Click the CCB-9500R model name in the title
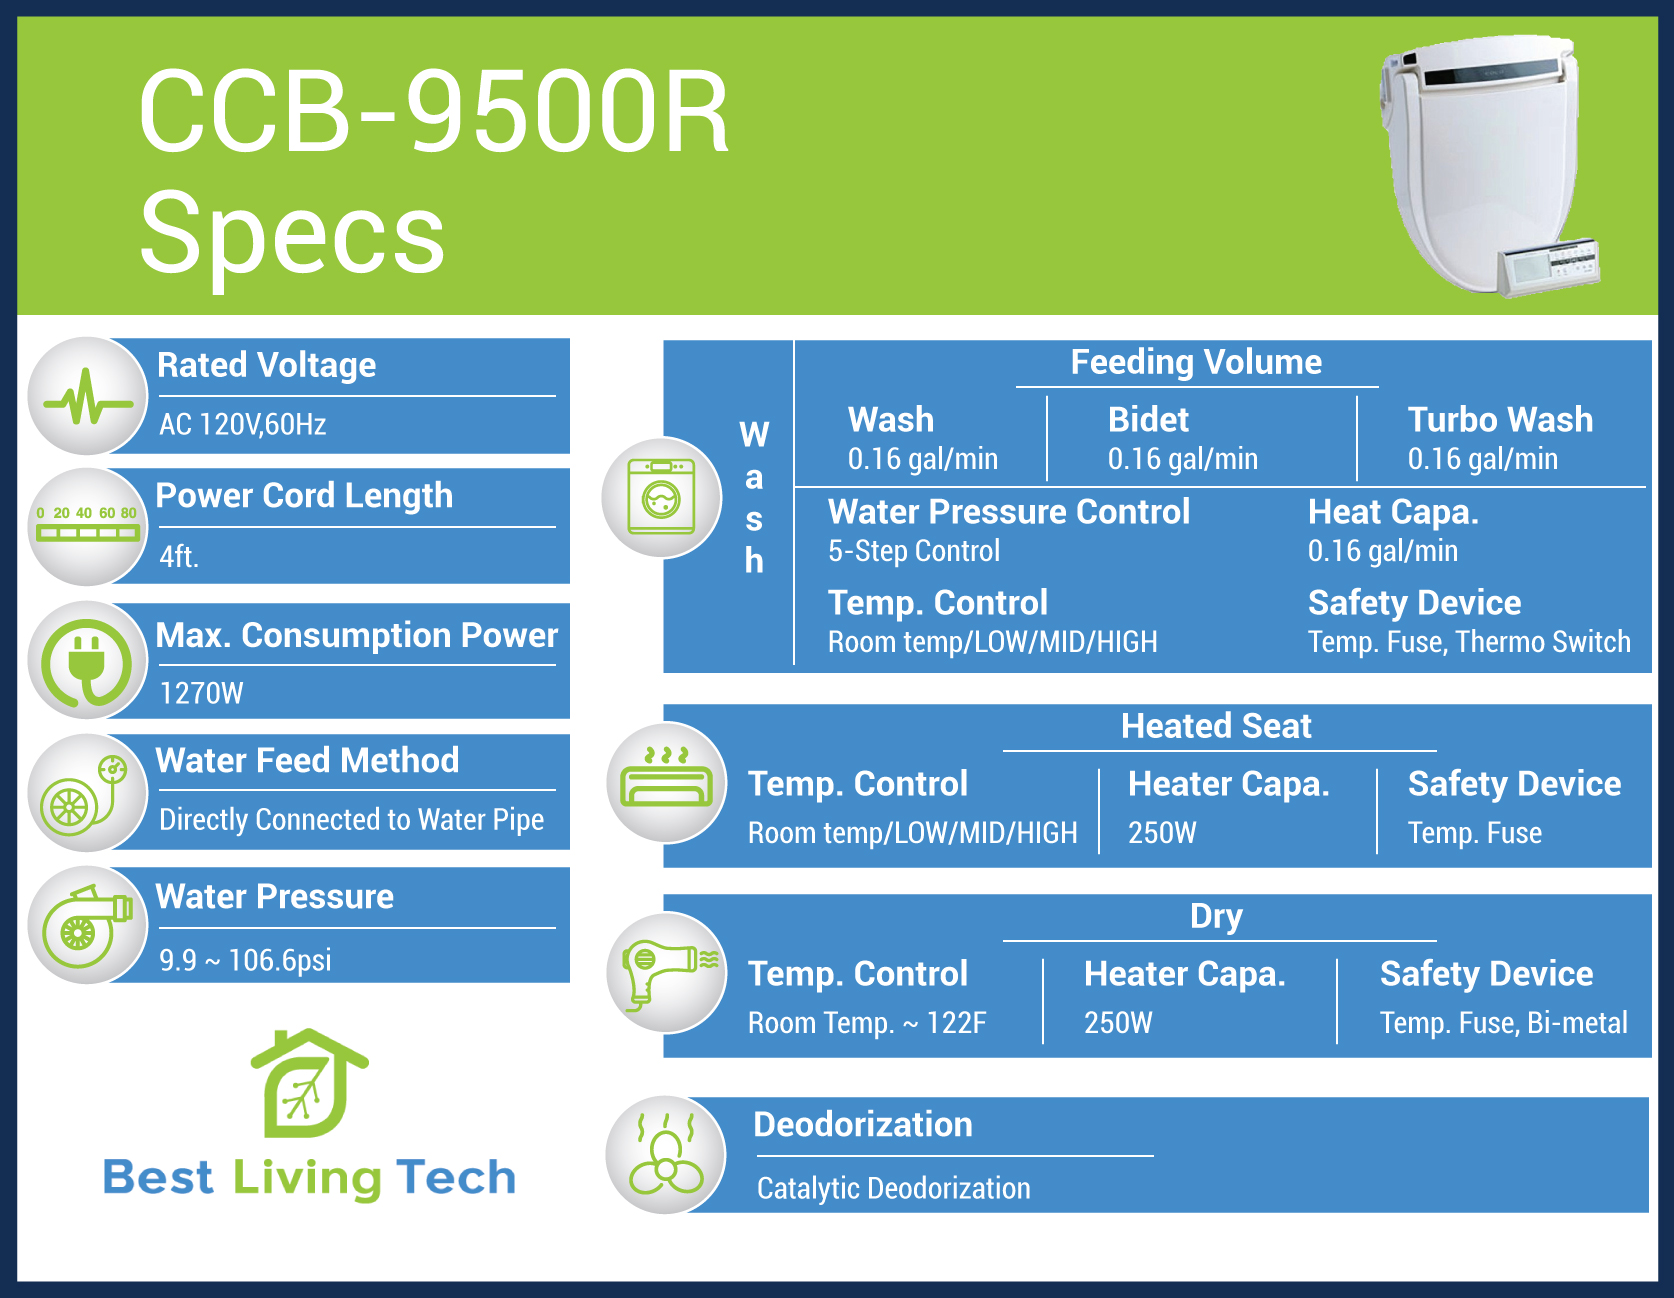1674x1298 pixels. [x=434, y=111]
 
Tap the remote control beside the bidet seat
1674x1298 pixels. [x=1548, y=266]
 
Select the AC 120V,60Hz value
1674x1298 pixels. [x=243, y=425]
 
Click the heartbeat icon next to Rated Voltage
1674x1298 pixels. [x=88, y=397]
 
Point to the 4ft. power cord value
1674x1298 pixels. [x=179, y=556]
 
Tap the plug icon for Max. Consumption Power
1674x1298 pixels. [x=88, y=661]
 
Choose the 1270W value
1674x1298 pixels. [x=201, y=693]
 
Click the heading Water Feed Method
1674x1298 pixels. [x=307, y=760]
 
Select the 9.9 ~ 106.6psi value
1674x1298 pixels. [x=245, y=960]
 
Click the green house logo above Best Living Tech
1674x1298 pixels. [x=308, y=1083]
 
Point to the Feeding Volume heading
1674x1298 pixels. [x=1196, y=362]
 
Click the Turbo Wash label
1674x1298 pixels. [x=1500, y=419]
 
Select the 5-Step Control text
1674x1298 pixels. [x=914, y=551]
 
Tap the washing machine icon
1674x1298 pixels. [x=661, y=497]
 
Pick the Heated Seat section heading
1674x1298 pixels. [x=1216, y=726]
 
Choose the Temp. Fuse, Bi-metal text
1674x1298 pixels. [x=1504, y=1023]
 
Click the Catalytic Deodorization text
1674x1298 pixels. [x=893, y=1188]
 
